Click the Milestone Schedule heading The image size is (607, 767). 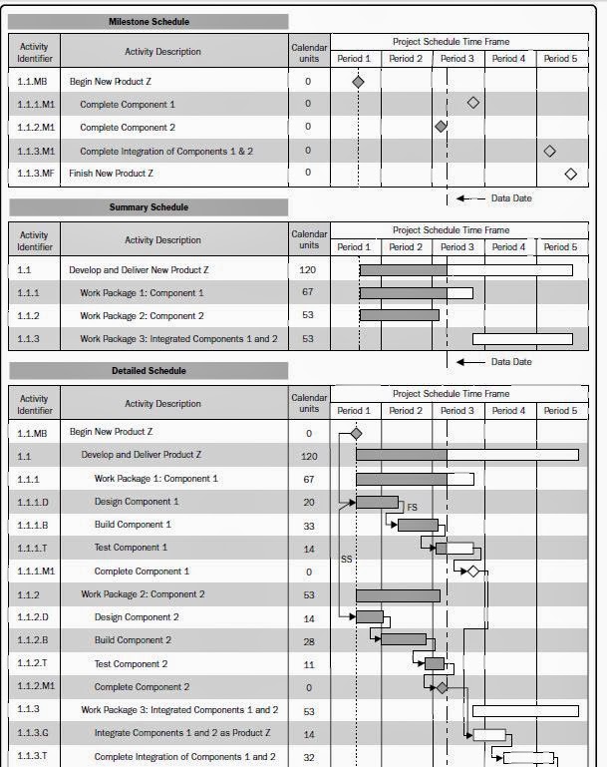tap(149, 21)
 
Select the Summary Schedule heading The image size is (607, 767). tap(149, 207)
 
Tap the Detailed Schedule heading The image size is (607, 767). tap(149, 371)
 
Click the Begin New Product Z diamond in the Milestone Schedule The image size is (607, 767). tap(358, 82)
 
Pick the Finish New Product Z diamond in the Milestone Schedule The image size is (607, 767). tap(570, 174)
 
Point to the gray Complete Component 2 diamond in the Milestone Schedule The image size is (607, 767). tap(441, 127)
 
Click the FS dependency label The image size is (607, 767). tap(412, 508)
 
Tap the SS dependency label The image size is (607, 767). tap(346, 560)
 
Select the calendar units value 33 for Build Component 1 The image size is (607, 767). tap(309, 525)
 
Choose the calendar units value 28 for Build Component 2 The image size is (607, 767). tap(309, 640)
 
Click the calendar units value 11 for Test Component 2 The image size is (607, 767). tap(309, 663)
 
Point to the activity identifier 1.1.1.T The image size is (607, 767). tap(33, 548)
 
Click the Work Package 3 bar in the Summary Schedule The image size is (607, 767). tap(522, 339)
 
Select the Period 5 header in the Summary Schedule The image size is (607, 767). tap(560, 247)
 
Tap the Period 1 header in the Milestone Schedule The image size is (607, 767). tap(354, 59)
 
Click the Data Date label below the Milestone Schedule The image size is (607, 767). tap(511, 198)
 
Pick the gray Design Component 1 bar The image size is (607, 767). tap(377, 502)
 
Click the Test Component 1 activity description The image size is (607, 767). tap(131, 548)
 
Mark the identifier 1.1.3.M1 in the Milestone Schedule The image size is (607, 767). tap(36, 151)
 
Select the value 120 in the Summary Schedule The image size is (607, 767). tap(309, 270)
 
